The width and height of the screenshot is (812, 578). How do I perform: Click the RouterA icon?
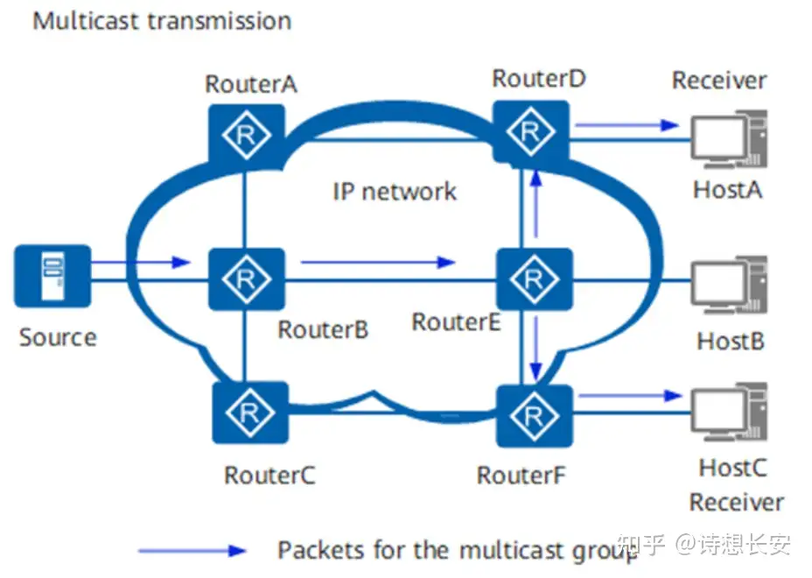click(x=246, y=132)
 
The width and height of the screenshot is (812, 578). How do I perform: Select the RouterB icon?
click(x=246, y=278)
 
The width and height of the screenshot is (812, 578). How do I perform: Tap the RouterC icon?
click(x=250, y=411)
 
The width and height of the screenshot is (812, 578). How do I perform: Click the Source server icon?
click(x=52, y=276)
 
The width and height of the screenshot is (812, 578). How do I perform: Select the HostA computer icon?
click(x=729, y=140)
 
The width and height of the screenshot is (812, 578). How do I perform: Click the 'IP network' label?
click(x=395, y=191)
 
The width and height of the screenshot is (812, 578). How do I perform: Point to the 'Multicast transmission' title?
click(x=162, y=20)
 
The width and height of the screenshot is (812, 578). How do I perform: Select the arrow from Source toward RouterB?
click(x=140, y=261)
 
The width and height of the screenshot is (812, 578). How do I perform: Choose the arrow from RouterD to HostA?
click(x=626, y=125)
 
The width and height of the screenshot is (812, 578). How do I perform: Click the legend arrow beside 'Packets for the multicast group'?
click(x=192, y=551)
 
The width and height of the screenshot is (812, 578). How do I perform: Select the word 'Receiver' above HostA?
click(x=718, y=81)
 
